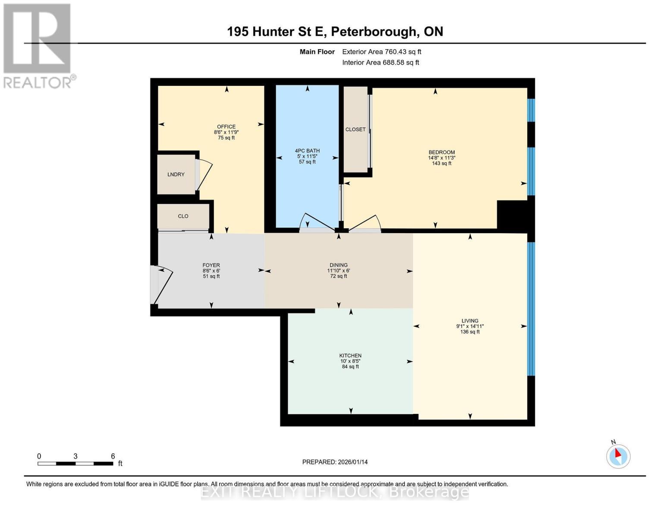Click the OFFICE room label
point(226,126)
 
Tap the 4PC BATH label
point(307,151)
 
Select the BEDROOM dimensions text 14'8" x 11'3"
point(441,158)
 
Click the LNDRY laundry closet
point(176,174)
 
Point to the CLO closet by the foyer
point(183,216)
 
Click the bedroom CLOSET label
point(355,129)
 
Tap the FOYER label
point(211,265)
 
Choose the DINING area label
point(338,265)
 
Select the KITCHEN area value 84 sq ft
point(350,367)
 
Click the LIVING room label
point(470,321)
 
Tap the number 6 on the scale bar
point(113,456)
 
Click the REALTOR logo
point(38,45)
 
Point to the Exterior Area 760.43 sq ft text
point(381,52)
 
